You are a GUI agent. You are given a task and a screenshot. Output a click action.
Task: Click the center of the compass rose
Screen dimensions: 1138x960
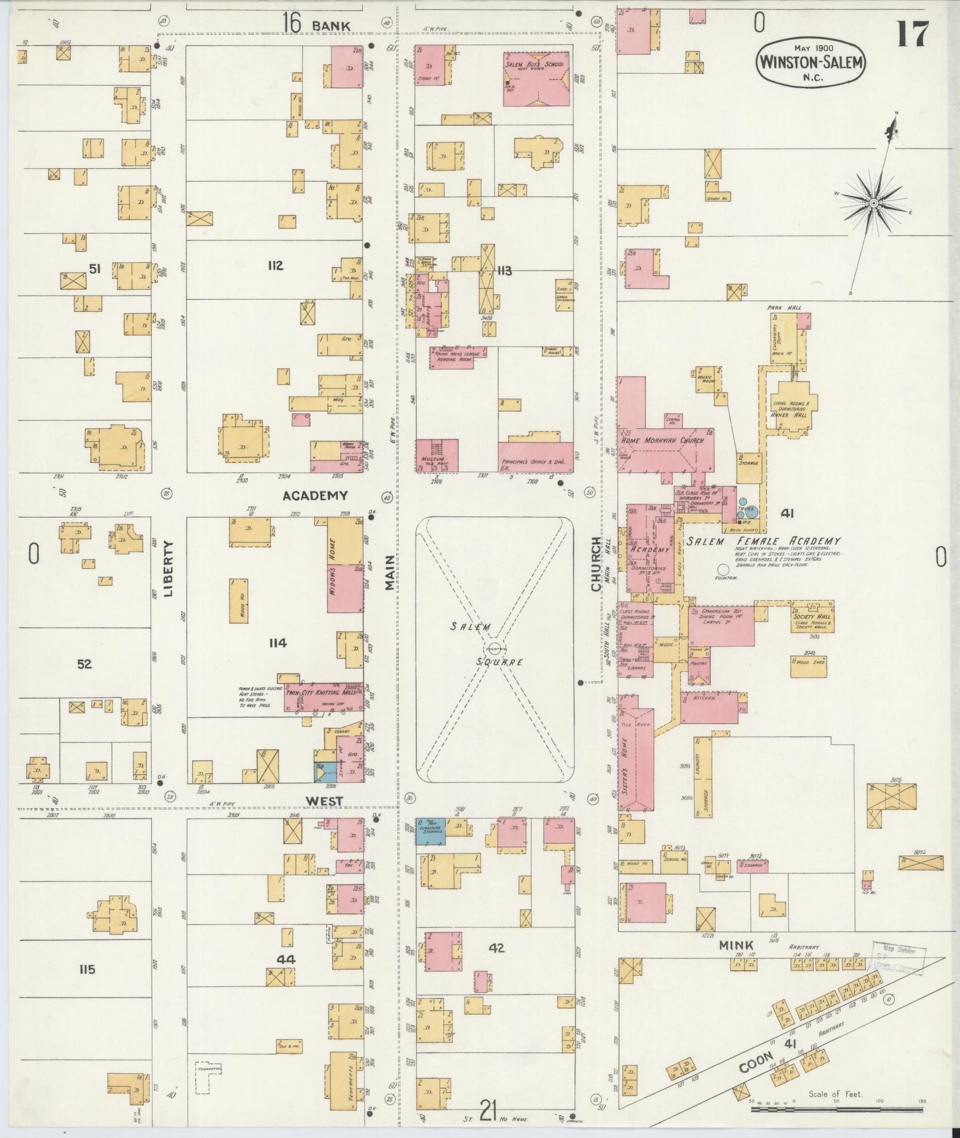(x=873, y=203)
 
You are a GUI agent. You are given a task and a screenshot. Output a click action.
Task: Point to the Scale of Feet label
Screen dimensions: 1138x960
(x=835, y=1093)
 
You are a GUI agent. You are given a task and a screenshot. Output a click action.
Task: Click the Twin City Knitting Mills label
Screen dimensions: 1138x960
(x=321, y=693)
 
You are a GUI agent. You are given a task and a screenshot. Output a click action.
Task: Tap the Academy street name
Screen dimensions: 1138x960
(x=314, y=496)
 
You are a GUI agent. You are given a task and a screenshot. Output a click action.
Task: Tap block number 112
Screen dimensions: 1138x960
(x=274, y=265)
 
